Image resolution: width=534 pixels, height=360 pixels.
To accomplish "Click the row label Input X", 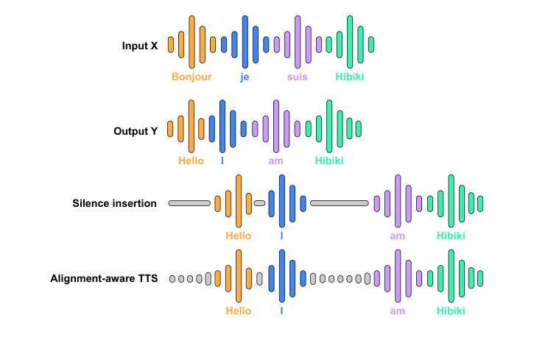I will (139, 46).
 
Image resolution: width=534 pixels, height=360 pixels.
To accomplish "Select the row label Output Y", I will (135, 131).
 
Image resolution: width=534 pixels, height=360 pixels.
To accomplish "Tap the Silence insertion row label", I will (114, 203).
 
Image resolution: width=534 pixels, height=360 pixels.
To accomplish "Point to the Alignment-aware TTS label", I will (103, 278).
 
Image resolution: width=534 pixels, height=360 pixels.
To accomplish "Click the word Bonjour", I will (192, 77).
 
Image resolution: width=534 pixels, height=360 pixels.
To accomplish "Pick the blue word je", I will (245, 77).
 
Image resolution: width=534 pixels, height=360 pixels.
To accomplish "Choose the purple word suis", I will (298, 77).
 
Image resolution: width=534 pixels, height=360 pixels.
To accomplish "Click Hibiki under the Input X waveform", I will (349, 77).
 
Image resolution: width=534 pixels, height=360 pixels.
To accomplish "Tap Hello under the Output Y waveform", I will (191, 160).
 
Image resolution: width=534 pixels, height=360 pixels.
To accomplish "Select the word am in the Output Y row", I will (275, 160).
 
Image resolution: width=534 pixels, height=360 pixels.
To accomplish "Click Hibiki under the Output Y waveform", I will (329, 160).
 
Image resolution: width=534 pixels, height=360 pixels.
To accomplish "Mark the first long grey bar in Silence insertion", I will (189, 202).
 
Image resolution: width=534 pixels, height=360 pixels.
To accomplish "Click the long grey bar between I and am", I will (340, 202).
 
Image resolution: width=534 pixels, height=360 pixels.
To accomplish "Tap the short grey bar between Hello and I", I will (259, 202).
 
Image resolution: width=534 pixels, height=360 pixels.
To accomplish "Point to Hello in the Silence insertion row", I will (238, 236).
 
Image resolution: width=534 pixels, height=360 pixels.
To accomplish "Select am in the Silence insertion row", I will (398, 236).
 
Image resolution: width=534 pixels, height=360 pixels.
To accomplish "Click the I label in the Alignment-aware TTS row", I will (281, 311).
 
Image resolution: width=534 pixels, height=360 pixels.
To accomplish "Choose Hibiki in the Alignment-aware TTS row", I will (451, 311).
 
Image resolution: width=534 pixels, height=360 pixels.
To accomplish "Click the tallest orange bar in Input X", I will (192, 43).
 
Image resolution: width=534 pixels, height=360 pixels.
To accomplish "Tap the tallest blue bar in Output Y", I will (222, 128).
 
